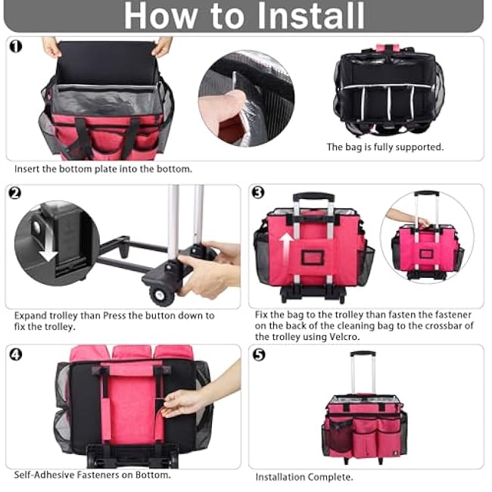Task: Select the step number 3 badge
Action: pos(258,193)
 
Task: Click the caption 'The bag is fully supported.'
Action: pos(385,147)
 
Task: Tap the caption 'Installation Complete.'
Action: pos(304,477)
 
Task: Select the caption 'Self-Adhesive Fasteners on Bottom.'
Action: pos(92,475)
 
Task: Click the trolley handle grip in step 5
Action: pos(363,353)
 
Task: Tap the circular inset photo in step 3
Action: pos(426,236)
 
